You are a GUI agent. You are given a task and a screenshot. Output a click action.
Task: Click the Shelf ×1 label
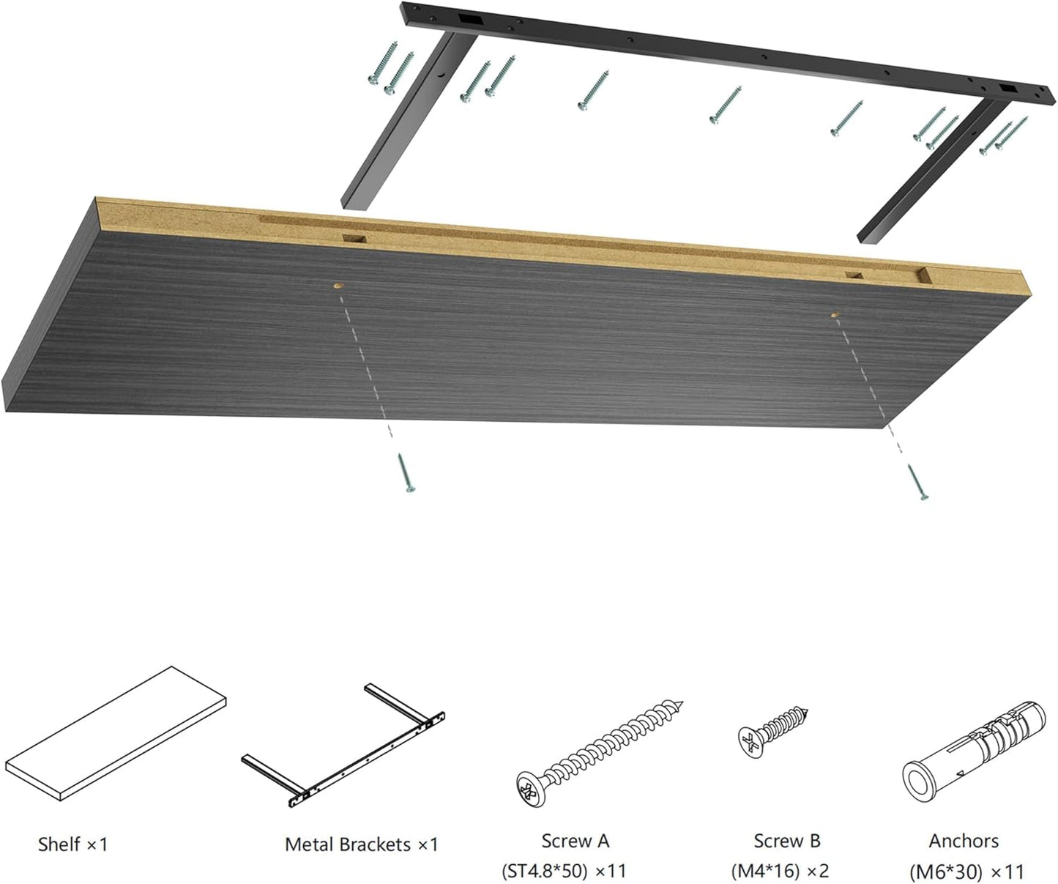(x=72, y=844)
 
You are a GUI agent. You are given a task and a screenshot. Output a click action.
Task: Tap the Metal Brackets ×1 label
(x=361, y=844)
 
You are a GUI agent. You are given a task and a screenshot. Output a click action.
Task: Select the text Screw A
(x=575, y=841)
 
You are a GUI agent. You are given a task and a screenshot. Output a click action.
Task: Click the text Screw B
(x=787, y=841)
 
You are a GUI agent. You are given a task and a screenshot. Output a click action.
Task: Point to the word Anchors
(x=964, y=841)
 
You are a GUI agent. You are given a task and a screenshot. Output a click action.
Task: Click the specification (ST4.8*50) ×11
(x=564, y=872)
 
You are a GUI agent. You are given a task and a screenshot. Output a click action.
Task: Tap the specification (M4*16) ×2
(x=780, y=872)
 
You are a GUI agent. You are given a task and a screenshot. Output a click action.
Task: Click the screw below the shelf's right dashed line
(x=917, y=482)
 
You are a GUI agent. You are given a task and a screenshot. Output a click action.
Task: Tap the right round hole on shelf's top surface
(x=835, y=314)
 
